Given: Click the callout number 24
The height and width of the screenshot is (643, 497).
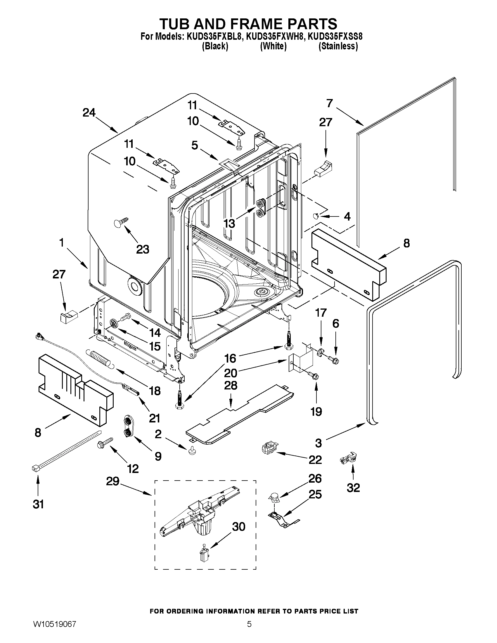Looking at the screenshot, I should (89, 113).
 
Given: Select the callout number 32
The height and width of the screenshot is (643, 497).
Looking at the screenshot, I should (353, 488).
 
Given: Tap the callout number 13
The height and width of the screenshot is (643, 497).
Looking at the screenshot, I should (229, 223).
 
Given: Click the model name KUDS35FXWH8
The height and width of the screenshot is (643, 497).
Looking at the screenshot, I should (274, 37).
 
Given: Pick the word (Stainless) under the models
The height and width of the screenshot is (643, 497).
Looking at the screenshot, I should (338, 46).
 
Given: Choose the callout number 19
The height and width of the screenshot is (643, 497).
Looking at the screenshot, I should (316, 411).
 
